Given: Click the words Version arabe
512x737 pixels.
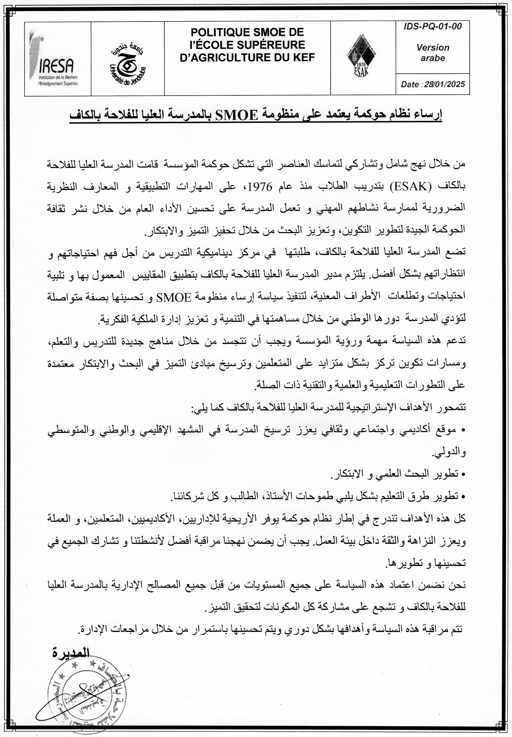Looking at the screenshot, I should [432, 53].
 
